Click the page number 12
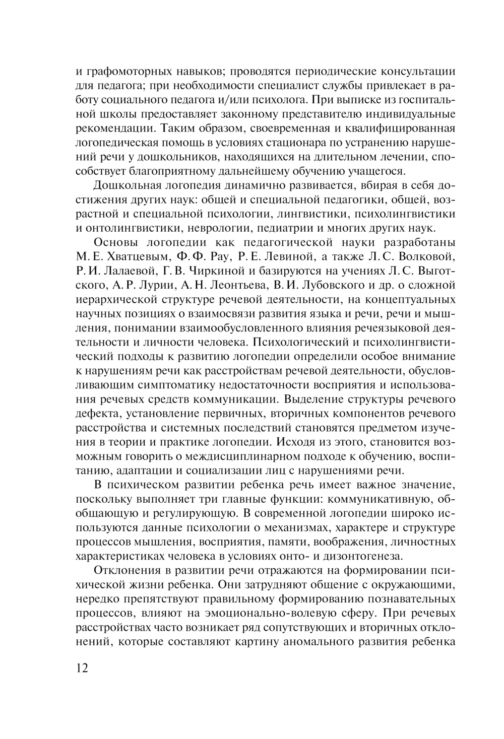point(82,668)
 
